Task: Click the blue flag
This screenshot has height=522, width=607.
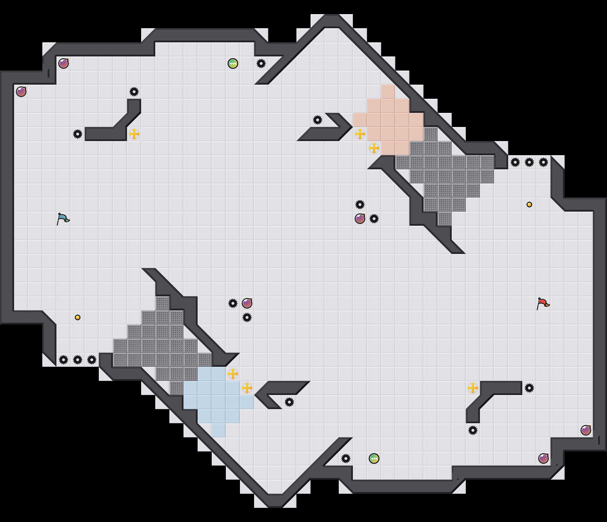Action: click(x=63, y=219)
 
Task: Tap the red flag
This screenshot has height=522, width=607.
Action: click(x=543, y=303)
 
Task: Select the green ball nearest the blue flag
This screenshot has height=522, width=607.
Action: click(x=233, y=63)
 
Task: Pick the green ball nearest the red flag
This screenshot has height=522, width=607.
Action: click(x=374, y=459)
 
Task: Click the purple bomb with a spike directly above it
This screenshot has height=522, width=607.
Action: click(x=360, y=219)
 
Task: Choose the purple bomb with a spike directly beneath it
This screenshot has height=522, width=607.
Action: click(x=247, y=303)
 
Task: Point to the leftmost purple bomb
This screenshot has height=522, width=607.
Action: click(x=21, y=92)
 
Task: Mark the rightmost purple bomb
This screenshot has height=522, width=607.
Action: click(x=586, y=430)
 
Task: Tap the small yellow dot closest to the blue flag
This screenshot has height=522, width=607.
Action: click(x=78, y=317)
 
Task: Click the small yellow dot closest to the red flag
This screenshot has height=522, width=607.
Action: click(x=529, y=205)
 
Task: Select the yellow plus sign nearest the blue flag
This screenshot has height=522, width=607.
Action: click(x=134, y=134)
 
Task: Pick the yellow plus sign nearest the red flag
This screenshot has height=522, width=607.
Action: click(x=473, y=388)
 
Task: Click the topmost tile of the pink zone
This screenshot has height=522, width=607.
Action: click(x=388, y=92)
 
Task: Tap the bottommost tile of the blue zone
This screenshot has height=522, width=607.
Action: click(x=219, y=430)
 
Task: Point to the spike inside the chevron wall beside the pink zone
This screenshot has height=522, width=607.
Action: click(x=318, y=120)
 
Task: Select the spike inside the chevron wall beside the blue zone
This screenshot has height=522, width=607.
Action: click(x=289, y=402)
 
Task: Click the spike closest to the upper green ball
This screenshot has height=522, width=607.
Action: click(x=261, y=63)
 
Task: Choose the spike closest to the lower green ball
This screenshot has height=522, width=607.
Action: click(x=346, y=459)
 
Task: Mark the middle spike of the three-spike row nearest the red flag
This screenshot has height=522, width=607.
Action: click(x=529, y=162)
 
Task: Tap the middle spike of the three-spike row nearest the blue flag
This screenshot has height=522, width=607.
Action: click(x=78, y=360)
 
